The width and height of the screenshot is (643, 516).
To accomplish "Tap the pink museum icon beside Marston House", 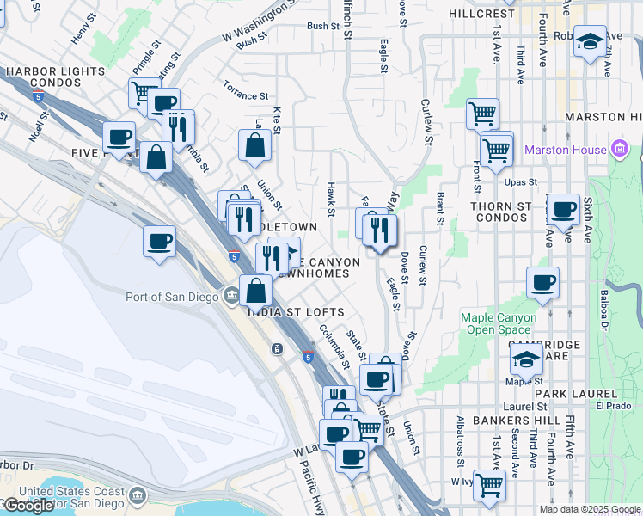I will tap(620, 150).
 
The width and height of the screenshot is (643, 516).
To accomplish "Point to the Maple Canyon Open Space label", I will tap(499, 323).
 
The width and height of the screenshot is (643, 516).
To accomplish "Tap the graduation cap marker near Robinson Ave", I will tap(590, 40).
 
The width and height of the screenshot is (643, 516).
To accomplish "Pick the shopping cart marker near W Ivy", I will tap(489, 483).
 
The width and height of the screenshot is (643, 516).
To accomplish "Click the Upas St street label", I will tap(520, 182).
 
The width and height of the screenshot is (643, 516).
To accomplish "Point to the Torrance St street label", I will tap(246, 89).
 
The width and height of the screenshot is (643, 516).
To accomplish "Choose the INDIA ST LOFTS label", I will tap(297, 312).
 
